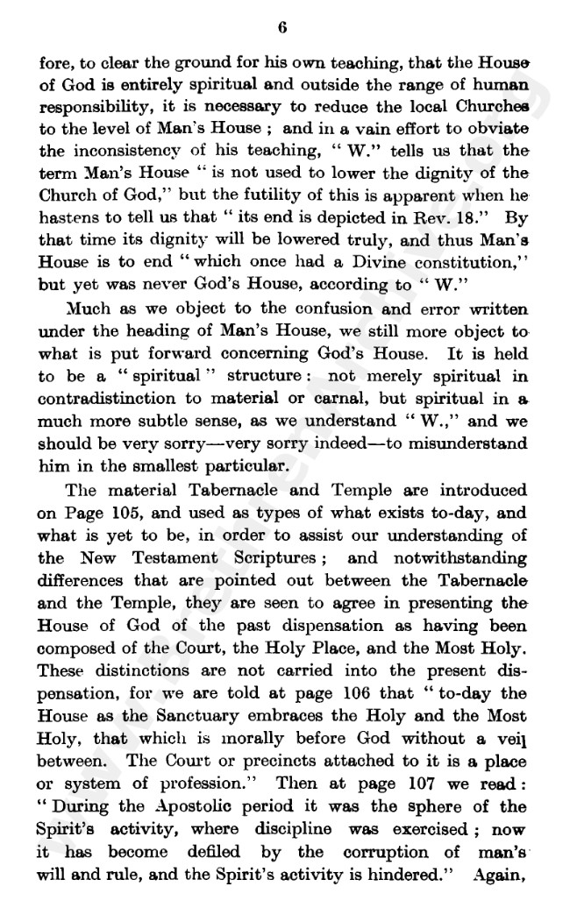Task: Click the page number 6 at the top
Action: point(282,27)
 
